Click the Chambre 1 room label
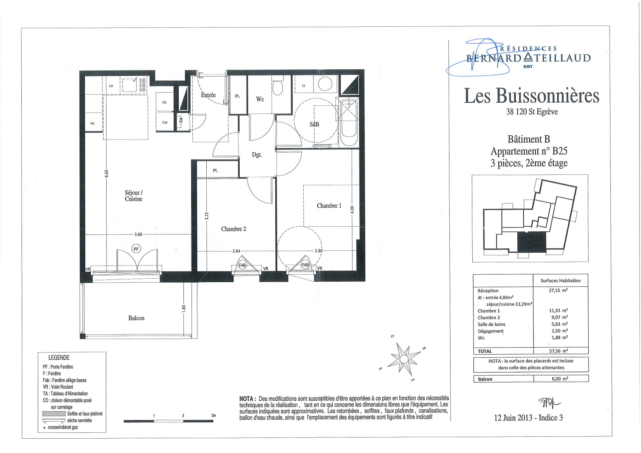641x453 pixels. pos(329,206)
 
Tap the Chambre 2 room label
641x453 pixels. pos(233,229)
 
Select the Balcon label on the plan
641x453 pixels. pos(136,318)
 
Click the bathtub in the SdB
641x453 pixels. pos(349,122)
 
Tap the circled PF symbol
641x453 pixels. pos(136,249)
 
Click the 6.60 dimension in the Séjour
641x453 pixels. pos(106,173)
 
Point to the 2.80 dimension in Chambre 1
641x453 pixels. pos(318,251)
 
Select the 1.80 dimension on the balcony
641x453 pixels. pos(184,308)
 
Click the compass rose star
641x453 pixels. pos(404,358)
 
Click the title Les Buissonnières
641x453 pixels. pos(531,95)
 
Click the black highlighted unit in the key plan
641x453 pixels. pos(531,242)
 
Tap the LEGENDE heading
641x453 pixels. pos(59,358)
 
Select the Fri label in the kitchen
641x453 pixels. pos(92,124)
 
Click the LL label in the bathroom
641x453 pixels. pos(304,85)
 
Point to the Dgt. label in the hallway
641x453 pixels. pos(257,155)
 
